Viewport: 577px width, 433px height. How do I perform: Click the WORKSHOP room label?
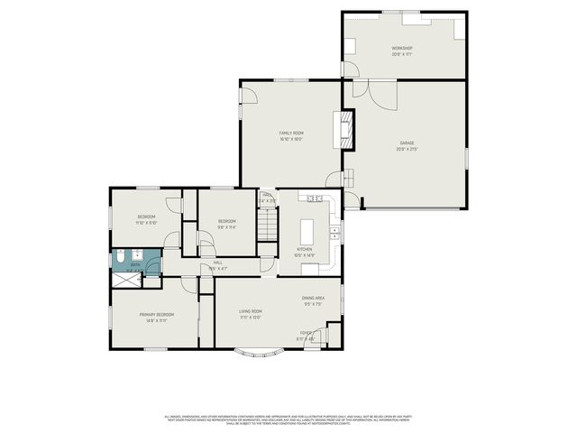(x=401, y=48)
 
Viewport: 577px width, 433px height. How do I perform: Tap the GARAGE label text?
(x=407, y=143)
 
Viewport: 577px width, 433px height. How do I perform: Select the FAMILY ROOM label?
(x=290, y=133)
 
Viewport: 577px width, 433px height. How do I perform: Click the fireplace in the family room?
(x=343, y=130)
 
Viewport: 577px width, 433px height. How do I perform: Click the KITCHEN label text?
(x=305, y=250)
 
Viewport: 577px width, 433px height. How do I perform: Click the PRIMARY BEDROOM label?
(x=156, y=314)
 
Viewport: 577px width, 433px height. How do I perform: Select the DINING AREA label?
(x=313, y=297)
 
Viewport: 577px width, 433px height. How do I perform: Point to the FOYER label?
(x=307, y=333)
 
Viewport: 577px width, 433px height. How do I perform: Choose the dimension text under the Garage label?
(x=407, y=149)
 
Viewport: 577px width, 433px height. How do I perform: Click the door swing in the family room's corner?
(x=334, y=178)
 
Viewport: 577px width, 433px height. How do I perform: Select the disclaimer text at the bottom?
(x=288, y=419)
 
